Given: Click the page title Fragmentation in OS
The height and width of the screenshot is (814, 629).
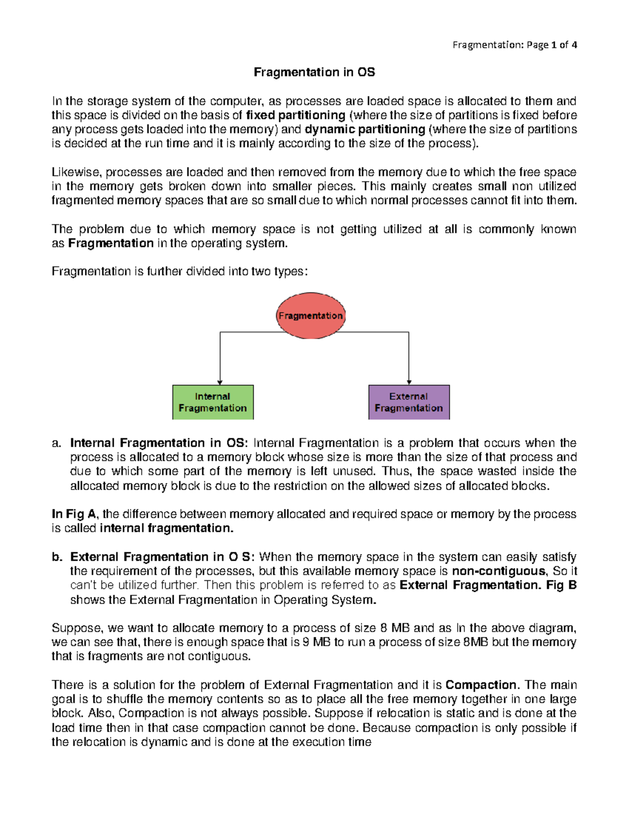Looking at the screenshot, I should coord(314,72).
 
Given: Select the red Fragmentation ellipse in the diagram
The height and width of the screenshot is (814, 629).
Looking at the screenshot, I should coord(310,316).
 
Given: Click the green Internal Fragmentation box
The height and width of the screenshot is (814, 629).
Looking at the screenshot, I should coord(213,402).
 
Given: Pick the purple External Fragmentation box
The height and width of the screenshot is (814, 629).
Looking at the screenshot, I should coord(409,402).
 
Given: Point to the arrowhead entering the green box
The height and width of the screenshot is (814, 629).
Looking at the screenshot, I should coord(220,382).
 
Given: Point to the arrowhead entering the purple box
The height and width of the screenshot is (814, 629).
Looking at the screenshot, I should coord(409,382).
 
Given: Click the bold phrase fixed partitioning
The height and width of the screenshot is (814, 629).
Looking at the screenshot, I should coord(296,115).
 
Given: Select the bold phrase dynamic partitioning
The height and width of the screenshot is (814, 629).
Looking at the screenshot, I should coord(365,129).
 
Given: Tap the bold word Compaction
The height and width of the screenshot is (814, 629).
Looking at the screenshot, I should coord(481,685).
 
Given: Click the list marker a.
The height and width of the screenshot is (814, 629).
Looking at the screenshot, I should coord(57,443).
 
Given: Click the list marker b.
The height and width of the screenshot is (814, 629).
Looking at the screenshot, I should coord(57,557).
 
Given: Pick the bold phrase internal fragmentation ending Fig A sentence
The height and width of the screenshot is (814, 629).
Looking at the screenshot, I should coord(166,528).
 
